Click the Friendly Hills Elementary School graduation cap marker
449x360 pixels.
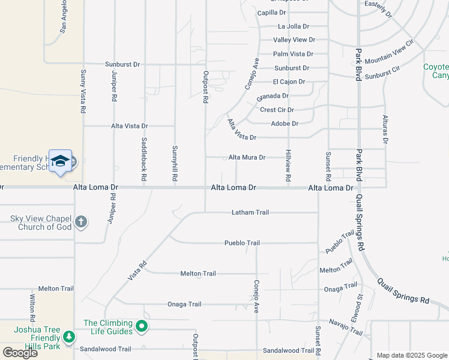coord(60,161)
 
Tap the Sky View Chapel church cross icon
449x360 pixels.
coord(81,223)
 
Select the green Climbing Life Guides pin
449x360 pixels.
coord(142,327)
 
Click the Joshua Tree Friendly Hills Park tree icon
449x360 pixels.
coord(69,337)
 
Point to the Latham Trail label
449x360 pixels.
coord(250,212)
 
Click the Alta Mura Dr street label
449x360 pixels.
coord(247,157)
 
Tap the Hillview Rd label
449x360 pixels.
coord(288,166)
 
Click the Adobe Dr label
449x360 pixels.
coord(285,124)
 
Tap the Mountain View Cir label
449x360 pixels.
coord(390,52)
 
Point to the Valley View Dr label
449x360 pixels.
coord(294,40)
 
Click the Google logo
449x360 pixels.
coord(20,353)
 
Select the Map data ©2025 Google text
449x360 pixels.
coord(411,355)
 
